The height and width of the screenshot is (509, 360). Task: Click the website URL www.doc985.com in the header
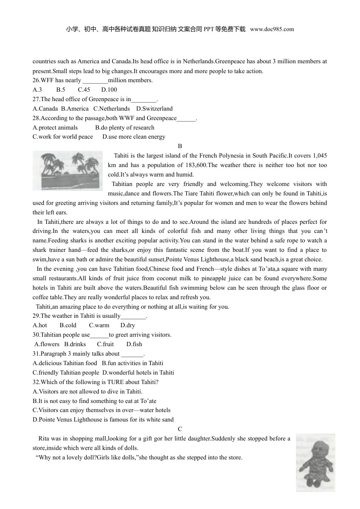coord(272,29)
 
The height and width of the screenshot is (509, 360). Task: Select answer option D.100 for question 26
coord(109,90)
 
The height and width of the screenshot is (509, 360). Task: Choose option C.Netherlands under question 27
coord(111,109)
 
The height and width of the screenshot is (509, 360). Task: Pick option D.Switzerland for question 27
coord(154,109)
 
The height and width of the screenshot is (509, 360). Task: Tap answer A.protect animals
coord(55,128)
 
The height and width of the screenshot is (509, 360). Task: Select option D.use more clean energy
coord(134,137)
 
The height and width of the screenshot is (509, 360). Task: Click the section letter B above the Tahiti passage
coord(180,146)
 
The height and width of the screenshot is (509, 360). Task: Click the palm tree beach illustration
coord(67,170)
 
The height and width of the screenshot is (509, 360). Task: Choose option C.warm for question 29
coord(99,325)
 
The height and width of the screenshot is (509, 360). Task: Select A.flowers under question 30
coord(47,344)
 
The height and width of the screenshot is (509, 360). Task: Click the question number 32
coord(36,382)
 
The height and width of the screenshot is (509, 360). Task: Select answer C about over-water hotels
coord(102,410)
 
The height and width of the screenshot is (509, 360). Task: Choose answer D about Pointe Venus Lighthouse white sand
coord(103,420)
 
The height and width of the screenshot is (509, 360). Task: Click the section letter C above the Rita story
coord(180,429)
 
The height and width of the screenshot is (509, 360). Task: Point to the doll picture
coord(315,462)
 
